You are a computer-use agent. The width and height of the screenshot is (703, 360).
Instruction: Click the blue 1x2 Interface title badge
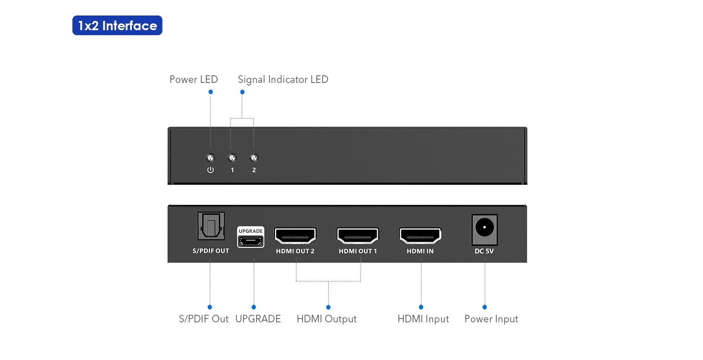pos(117,26)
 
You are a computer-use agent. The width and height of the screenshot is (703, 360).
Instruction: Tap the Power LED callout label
pos(193,80)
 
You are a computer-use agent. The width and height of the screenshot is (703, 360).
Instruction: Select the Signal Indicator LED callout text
pos(283,80)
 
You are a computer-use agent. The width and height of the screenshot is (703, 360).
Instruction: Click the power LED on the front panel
pos(210,158)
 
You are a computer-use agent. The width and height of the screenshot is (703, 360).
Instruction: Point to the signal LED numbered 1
pos(232,158)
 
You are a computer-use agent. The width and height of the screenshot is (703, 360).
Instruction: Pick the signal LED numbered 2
pos(254,158)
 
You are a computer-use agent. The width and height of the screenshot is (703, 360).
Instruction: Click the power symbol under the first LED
pos(210,170)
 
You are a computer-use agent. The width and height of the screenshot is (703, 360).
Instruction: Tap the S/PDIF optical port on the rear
pos(211,226)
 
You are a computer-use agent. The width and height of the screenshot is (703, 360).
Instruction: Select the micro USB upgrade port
pos(251,241)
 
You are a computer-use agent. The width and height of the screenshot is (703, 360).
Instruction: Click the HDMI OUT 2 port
pos(295,236)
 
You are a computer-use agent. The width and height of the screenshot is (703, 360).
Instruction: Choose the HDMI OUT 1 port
pos(358,236)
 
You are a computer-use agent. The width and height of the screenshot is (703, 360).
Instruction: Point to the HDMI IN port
pos(420,236)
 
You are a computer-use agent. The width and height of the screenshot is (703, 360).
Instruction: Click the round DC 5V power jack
pos(485,228)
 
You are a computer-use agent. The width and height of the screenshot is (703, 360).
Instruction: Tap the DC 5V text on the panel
pos(484,251)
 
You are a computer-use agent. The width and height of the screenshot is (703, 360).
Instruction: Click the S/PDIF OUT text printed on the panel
pos(210,251)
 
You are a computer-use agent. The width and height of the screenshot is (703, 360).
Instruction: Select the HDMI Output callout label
pos(326,319)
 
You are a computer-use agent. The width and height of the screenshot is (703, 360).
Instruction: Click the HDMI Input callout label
pos(423,319)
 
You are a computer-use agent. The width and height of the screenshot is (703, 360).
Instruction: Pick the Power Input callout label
pos(491,319)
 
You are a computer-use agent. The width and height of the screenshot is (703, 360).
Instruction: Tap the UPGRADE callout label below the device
pos(258,319)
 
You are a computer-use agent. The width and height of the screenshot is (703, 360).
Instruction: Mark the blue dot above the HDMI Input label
pos(421,307)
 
